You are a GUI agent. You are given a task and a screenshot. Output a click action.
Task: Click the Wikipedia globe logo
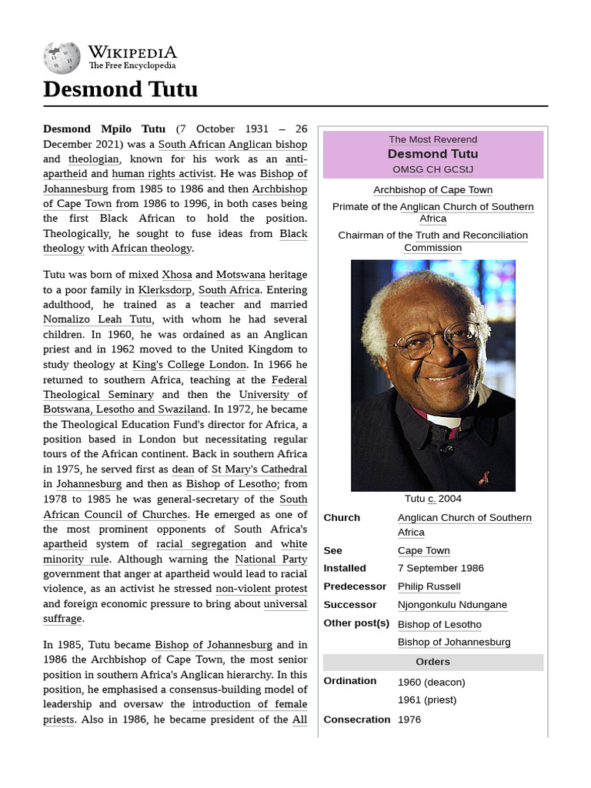point(62,57)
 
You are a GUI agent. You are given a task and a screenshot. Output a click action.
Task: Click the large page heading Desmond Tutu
point(120,89)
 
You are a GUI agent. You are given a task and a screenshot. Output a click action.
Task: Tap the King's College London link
point(189,364)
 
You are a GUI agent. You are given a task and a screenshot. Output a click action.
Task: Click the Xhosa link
point(176,275)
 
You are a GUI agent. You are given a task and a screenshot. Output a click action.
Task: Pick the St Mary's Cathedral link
point(259,469)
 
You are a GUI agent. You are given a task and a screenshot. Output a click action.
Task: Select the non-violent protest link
point(262,589)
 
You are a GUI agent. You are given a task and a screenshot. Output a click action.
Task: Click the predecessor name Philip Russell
point(429,586)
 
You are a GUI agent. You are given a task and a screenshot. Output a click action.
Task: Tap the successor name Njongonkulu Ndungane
point(452,605)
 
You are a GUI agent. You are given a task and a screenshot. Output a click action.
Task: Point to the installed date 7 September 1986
point(440,569)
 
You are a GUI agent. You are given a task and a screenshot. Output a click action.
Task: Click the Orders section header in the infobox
point(432,662)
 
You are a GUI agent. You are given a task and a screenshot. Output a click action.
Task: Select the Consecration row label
point(357,720)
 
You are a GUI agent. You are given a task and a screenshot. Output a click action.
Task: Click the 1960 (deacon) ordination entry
point(431,682)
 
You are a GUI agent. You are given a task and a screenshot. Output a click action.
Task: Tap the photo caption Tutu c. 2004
point(432,499)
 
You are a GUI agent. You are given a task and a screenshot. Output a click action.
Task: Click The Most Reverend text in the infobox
point(432,139)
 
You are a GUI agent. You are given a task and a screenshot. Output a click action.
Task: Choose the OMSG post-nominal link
point(408,169)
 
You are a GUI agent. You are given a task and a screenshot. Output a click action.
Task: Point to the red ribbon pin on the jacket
point(483,478)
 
